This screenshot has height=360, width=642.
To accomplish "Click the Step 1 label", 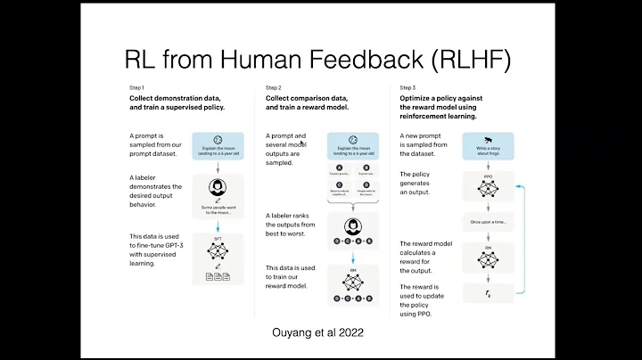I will [136, 87].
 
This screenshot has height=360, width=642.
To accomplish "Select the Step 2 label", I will [273, 87].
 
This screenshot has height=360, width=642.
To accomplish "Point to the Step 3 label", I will [407, 87].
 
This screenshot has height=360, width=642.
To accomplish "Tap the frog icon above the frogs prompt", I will [488, 140].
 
